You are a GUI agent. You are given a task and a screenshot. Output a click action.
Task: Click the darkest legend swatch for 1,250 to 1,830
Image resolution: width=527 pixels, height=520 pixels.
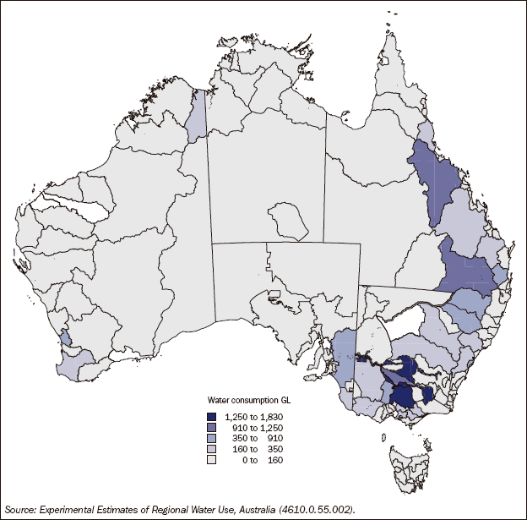pos(212,416)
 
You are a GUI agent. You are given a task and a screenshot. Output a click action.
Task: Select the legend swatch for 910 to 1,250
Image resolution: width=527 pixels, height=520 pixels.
pos(212,427)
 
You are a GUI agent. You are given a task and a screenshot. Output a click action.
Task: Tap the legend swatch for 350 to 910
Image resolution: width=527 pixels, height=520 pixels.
pos(212,438)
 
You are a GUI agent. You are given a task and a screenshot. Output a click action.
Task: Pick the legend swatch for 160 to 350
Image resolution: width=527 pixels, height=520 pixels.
pos(212,449)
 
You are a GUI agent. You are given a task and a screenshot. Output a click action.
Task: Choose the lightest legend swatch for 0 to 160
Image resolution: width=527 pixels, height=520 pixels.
pos(212,460)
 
